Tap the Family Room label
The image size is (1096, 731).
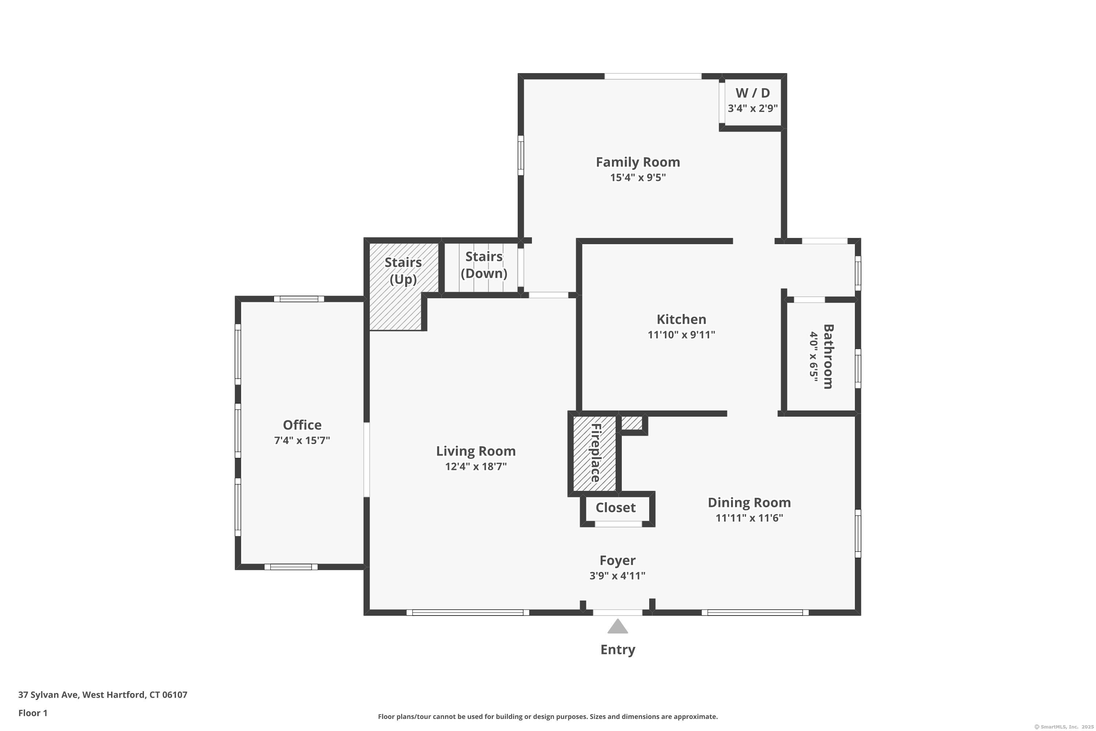pyautogui.click(x=638, y=162)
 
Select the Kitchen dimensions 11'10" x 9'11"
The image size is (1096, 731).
pyautogui.click(x=681, y=335)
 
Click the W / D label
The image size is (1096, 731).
pyautogui.click(x=753, y=93)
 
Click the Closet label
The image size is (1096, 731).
pyautogui.click(x=616, y=508)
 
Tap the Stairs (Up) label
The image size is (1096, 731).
pyautogui.click(x=403, y=271)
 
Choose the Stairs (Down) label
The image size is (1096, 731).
pyautogui.click(x=484, y=265)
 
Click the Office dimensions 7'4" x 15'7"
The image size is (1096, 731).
pyautogui.click(x=302, y=440)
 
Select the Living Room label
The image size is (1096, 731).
pyautogui.click(x=476, y=451)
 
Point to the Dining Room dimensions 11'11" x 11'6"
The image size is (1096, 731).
pyautogui.click(x=749, y=518)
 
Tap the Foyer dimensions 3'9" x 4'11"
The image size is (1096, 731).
pyautogui.click(x=617, y=576)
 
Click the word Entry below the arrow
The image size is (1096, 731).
pyautogui.click(x=618, y=650)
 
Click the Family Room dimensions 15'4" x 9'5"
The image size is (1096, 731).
pyautogui.click(x=638, y=178)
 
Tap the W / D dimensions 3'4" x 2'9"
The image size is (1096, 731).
pyautogui.click(x=753, y=109)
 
